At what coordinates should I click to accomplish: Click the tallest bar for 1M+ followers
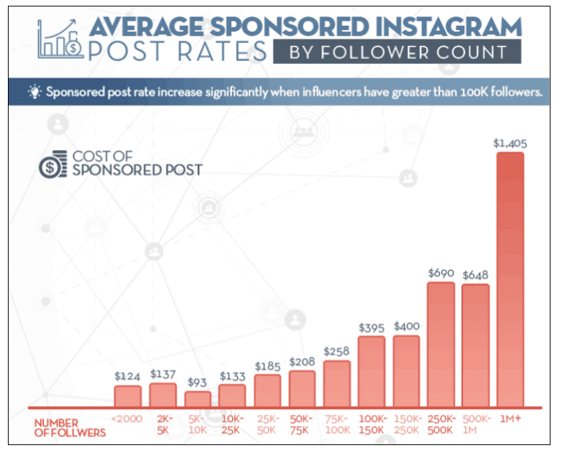510,280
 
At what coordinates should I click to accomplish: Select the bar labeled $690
441,345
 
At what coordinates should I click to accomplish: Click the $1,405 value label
510,143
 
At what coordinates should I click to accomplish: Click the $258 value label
336,352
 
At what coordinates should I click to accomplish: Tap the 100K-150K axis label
372,424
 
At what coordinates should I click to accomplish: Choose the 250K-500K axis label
441,424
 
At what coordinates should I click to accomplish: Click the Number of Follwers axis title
70,428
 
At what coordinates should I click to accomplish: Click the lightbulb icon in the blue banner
34,93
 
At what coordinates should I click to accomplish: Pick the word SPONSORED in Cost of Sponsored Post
136,170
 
